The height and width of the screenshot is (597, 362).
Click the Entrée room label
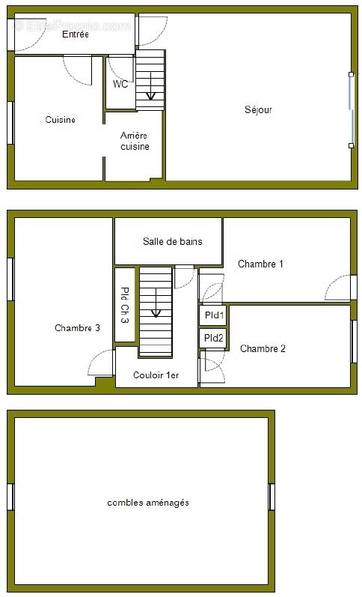[x=75, y=34]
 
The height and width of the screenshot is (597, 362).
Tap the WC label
[x=120, y=85]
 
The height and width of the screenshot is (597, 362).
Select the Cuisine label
[x=60, y=120]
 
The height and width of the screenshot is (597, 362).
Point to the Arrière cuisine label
[x=135, y=141]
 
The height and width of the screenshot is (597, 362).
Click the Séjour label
[x=258, y=110]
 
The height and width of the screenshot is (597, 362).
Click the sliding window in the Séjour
[x=351, y=109]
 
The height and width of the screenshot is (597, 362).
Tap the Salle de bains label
[x=172, y=241]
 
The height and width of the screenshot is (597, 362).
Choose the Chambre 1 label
[x=260, y=264]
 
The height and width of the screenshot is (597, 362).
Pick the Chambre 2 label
[x=263, y=348]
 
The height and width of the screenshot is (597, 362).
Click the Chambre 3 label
[x=77, y=328]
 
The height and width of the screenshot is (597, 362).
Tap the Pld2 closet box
[x=213, y=339]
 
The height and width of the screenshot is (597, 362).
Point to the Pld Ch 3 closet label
[x=124, y=305]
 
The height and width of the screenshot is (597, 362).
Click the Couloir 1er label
[x=156, y=375]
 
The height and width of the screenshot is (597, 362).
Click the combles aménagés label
[x=148, y=503]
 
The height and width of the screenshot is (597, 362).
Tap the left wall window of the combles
[x=11, y=497]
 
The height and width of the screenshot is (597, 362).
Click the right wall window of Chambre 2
[x=354, y=342]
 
